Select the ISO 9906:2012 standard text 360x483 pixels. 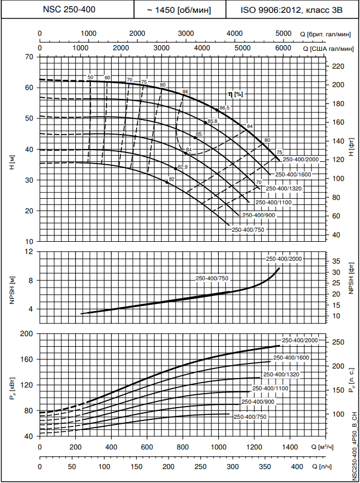click(291, 9)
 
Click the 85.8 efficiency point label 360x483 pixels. click(212, 121)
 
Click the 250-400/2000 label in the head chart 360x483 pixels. click(300, 160)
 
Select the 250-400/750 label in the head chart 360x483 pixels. click(248, 229)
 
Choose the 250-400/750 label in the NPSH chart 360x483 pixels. click(212, 278)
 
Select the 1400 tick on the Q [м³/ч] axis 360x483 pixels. click(289, 448)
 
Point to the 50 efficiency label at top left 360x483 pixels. click(90, 76)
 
